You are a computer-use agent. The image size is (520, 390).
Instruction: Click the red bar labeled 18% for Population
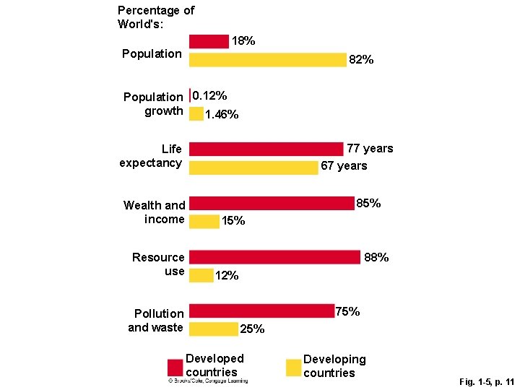click(x=209, y=42)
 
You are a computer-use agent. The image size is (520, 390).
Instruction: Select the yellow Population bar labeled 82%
click(x=268, y=60)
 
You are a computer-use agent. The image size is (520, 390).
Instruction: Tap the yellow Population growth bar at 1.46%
click(x=196, y=114)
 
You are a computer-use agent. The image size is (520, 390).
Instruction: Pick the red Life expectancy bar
click(x=266, y=149)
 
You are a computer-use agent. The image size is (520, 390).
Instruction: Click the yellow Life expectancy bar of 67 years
click(x=253, y=168)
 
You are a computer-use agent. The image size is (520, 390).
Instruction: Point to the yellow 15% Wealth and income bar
click(x=204, y=222)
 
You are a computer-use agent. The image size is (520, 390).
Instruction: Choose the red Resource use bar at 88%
click(x=274, y=257)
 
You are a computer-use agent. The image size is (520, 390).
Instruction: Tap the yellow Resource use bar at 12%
click(x=201, y=275)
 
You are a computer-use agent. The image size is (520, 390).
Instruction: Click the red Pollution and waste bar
click(x=261, y=311)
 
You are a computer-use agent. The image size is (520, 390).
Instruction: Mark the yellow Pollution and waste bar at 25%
click(x=214, y=329)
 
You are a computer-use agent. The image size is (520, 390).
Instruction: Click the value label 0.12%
click(x=210, y=96)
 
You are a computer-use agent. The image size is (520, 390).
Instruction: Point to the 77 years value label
click(x=370, y=149)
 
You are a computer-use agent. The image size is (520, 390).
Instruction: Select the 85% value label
click(x=369, y=204)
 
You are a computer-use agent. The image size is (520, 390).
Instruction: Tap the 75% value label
click(x=347, y=312)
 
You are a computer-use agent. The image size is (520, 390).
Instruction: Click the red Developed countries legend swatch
click(x=175, y=368)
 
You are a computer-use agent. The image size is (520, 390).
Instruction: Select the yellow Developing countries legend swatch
click(x=292, y=368)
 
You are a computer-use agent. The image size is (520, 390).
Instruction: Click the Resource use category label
click(x=159, y=264)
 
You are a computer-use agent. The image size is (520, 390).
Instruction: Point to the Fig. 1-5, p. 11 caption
click(x=486, y=381)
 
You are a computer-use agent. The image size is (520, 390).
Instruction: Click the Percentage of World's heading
click(x=156, y=17)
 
